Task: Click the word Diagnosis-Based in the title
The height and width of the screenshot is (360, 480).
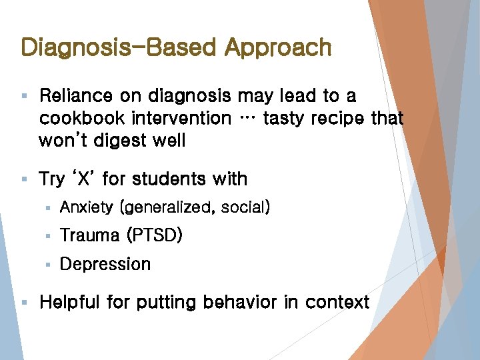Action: tap(119, 47)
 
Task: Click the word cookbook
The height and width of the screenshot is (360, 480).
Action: tap(82, 119)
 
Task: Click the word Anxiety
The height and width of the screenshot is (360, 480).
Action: tap(87, 208)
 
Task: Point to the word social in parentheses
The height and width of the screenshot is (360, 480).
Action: tap(243, 208)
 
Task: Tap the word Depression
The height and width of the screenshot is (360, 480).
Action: tap(105, 264)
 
